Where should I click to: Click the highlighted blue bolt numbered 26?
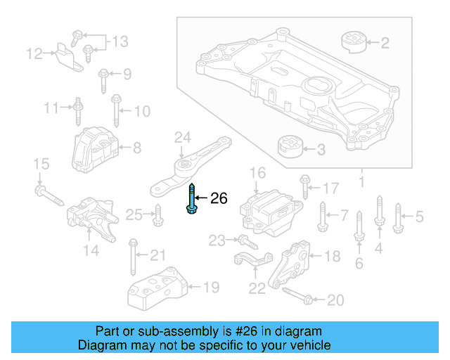(192, 200)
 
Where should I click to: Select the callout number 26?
(219, 199)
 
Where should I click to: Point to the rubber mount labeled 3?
(289, 149)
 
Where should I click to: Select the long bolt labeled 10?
(115, 110)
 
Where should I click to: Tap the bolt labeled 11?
(77, 109)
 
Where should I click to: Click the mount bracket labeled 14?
(90, 219)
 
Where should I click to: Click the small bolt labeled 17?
(304, 186)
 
